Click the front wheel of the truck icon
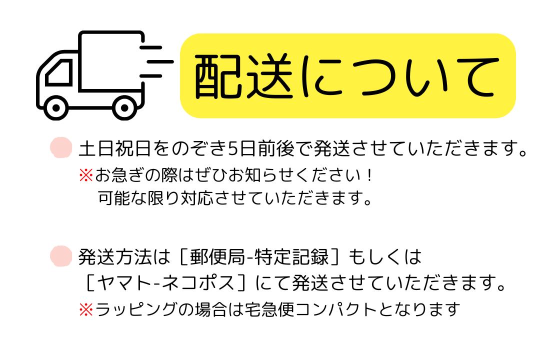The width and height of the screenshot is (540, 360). click(x=56, y=108)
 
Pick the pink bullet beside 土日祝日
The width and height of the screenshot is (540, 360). click(x=61, y=148)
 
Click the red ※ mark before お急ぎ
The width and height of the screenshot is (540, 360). click(x=85, y=176)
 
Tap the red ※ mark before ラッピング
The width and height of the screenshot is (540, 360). click(x=85, y=310)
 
